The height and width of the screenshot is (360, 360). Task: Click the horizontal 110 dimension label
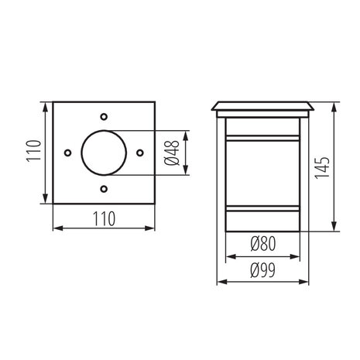pyautogui.click(x=104, y=219)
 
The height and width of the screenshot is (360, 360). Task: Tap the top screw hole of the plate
pyautogui.click(x=104, y=118)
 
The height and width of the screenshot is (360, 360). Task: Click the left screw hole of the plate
pyautogui.click(x=69, y=153)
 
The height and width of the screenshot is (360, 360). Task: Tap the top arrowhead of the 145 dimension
pyautogui.click(x=333, y=105)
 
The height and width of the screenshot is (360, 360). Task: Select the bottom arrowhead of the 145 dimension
pyautogui.click(x=333, y=231)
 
